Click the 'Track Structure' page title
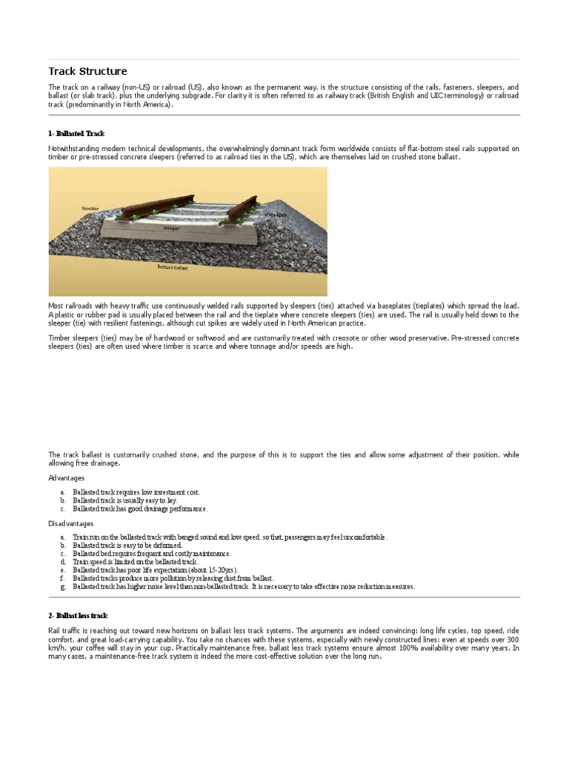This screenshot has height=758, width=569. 87,72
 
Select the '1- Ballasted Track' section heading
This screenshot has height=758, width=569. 76,133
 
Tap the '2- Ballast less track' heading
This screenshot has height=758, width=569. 78,615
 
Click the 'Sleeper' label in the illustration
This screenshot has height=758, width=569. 172,229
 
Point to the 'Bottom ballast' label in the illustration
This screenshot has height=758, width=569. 173,267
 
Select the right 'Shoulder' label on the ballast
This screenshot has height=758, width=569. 276,214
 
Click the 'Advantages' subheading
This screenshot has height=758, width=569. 67,478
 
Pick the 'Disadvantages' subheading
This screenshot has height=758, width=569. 71,523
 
